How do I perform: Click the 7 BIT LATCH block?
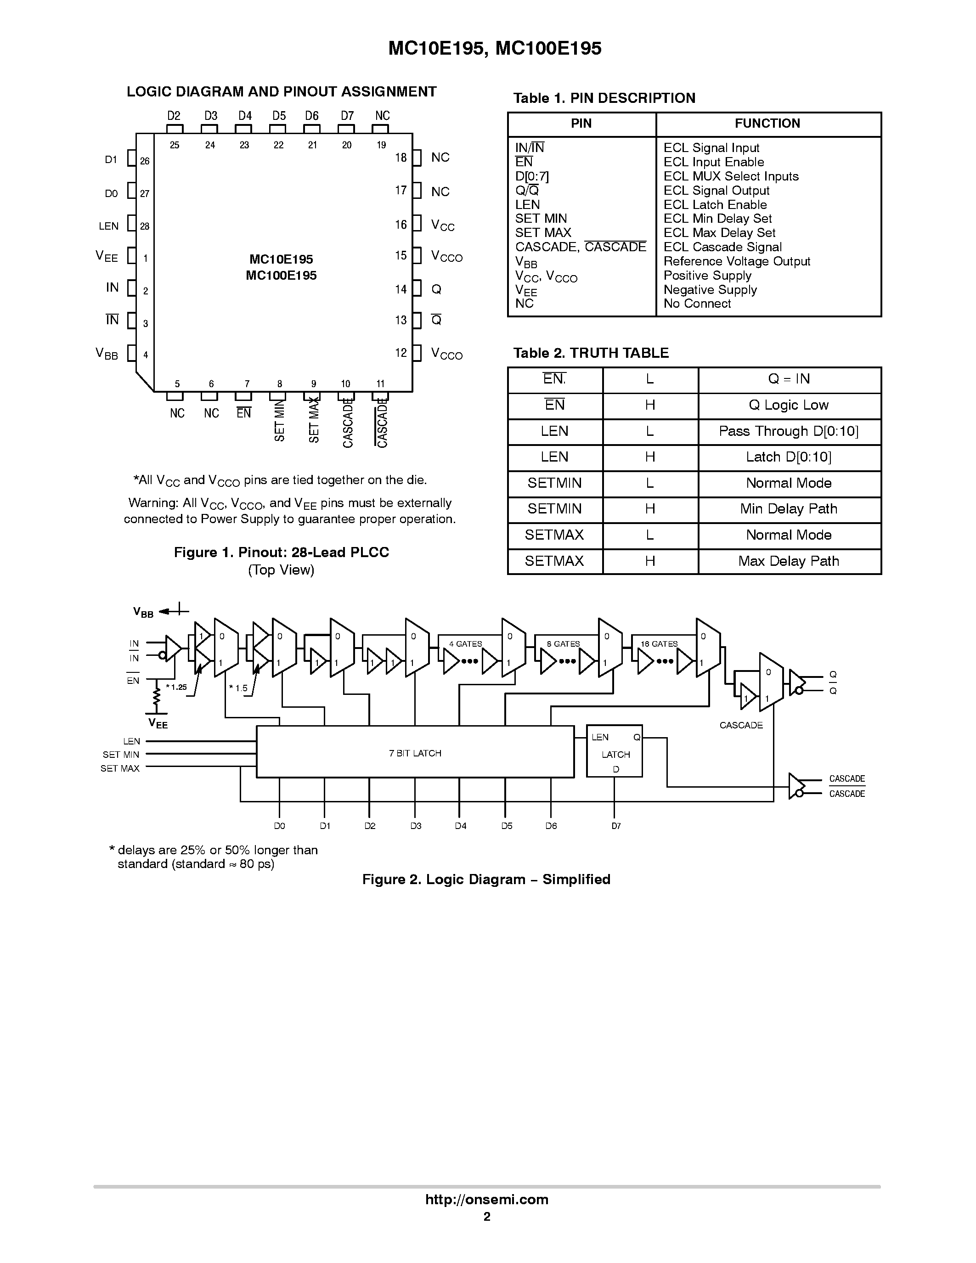click(x=415, y=753)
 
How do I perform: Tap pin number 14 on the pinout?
click(x=401, y=289)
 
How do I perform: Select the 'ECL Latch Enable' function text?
click(x=715, y=205)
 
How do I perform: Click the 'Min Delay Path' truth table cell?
click(x=789, y=509)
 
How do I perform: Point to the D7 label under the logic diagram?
click(x=616, y=826)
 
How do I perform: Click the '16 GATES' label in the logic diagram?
click(x=659, y=643)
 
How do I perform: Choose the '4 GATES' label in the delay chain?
click(x=465, y=643)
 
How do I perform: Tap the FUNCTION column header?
click(x=767, y=123)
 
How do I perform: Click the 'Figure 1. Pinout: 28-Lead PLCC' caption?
click(x=282, y=552)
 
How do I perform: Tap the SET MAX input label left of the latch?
click(x=120, y=768)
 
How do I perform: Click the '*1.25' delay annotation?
click(x=177, y=687)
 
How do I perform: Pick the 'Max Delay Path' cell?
click(x=789, y=561)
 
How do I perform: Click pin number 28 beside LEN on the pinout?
click(x=145, y=226)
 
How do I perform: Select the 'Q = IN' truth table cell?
click(x=789, y=379)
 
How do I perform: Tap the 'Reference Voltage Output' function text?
click(x=737, y=261)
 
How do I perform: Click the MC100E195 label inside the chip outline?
click(x=281, y=275)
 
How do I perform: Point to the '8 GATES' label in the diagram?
click(x=563, y=643)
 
